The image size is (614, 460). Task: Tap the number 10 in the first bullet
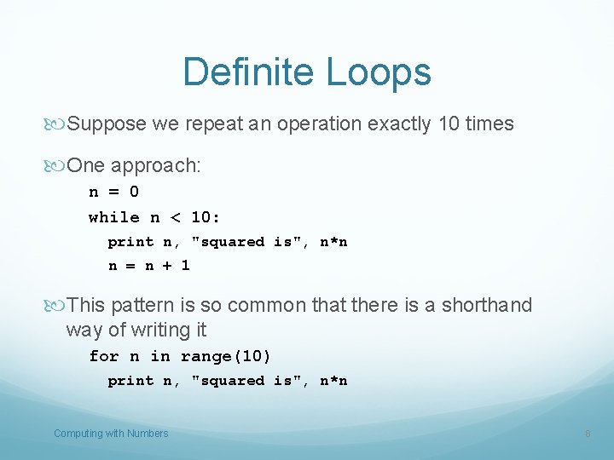[x=449, y=124]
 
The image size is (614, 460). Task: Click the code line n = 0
[x=113, y=193]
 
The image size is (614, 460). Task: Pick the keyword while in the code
[x=113, y=217]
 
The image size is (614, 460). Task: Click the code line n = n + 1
[x=148, y=266]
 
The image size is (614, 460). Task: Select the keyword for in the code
[x=103, y=356]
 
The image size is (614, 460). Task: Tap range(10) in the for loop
[x=225, y=356]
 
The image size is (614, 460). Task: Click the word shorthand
[x=489, y=305]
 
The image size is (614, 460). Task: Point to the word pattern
[x=136, y=305]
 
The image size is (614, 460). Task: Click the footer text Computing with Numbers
[x=111, y=434]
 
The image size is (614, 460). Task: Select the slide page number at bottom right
[x=588, y=434]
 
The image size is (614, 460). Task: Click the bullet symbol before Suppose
[x=57, y=124]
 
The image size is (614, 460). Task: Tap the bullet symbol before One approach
[x=57, y=166]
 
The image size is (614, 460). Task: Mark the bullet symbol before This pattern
[x=57, y=305]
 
